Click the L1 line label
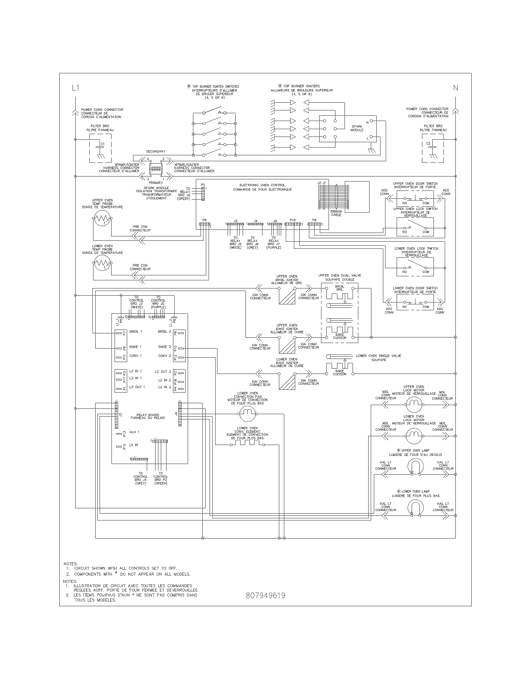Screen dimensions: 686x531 [x=75, y=88]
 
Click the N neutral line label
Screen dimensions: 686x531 [x=455, y=88]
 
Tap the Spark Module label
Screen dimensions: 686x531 [x=357, y=128]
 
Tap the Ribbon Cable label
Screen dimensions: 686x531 [x=336, y=213]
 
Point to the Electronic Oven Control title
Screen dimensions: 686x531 [x=262, y=187]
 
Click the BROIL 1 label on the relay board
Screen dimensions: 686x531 [x=136, y=332]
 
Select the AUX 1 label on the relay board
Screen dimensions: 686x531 [x=134, y=432]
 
